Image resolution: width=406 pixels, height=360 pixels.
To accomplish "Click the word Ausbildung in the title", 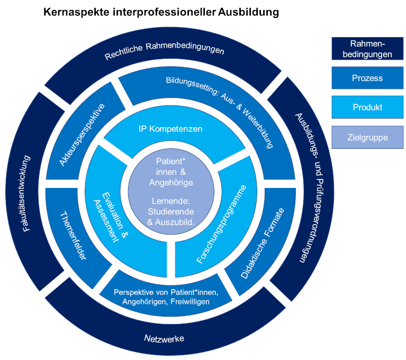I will [x=248, y=12].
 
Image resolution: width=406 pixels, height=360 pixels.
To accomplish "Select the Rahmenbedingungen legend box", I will [x=367, y=48].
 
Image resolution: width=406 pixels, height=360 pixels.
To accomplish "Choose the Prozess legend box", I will [x=367, y=78].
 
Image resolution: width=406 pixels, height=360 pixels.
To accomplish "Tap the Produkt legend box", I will [x=367, y=107].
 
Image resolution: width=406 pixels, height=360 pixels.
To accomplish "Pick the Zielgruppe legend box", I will [x=367, y=138].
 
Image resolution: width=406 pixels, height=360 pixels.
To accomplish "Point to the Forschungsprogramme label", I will [x=221, y=224].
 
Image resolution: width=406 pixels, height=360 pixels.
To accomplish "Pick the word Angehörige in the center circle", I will [x=171, y=182].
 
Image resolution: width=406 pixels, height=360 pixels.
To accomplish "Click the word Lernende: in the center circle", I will [x=170, y=202].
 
